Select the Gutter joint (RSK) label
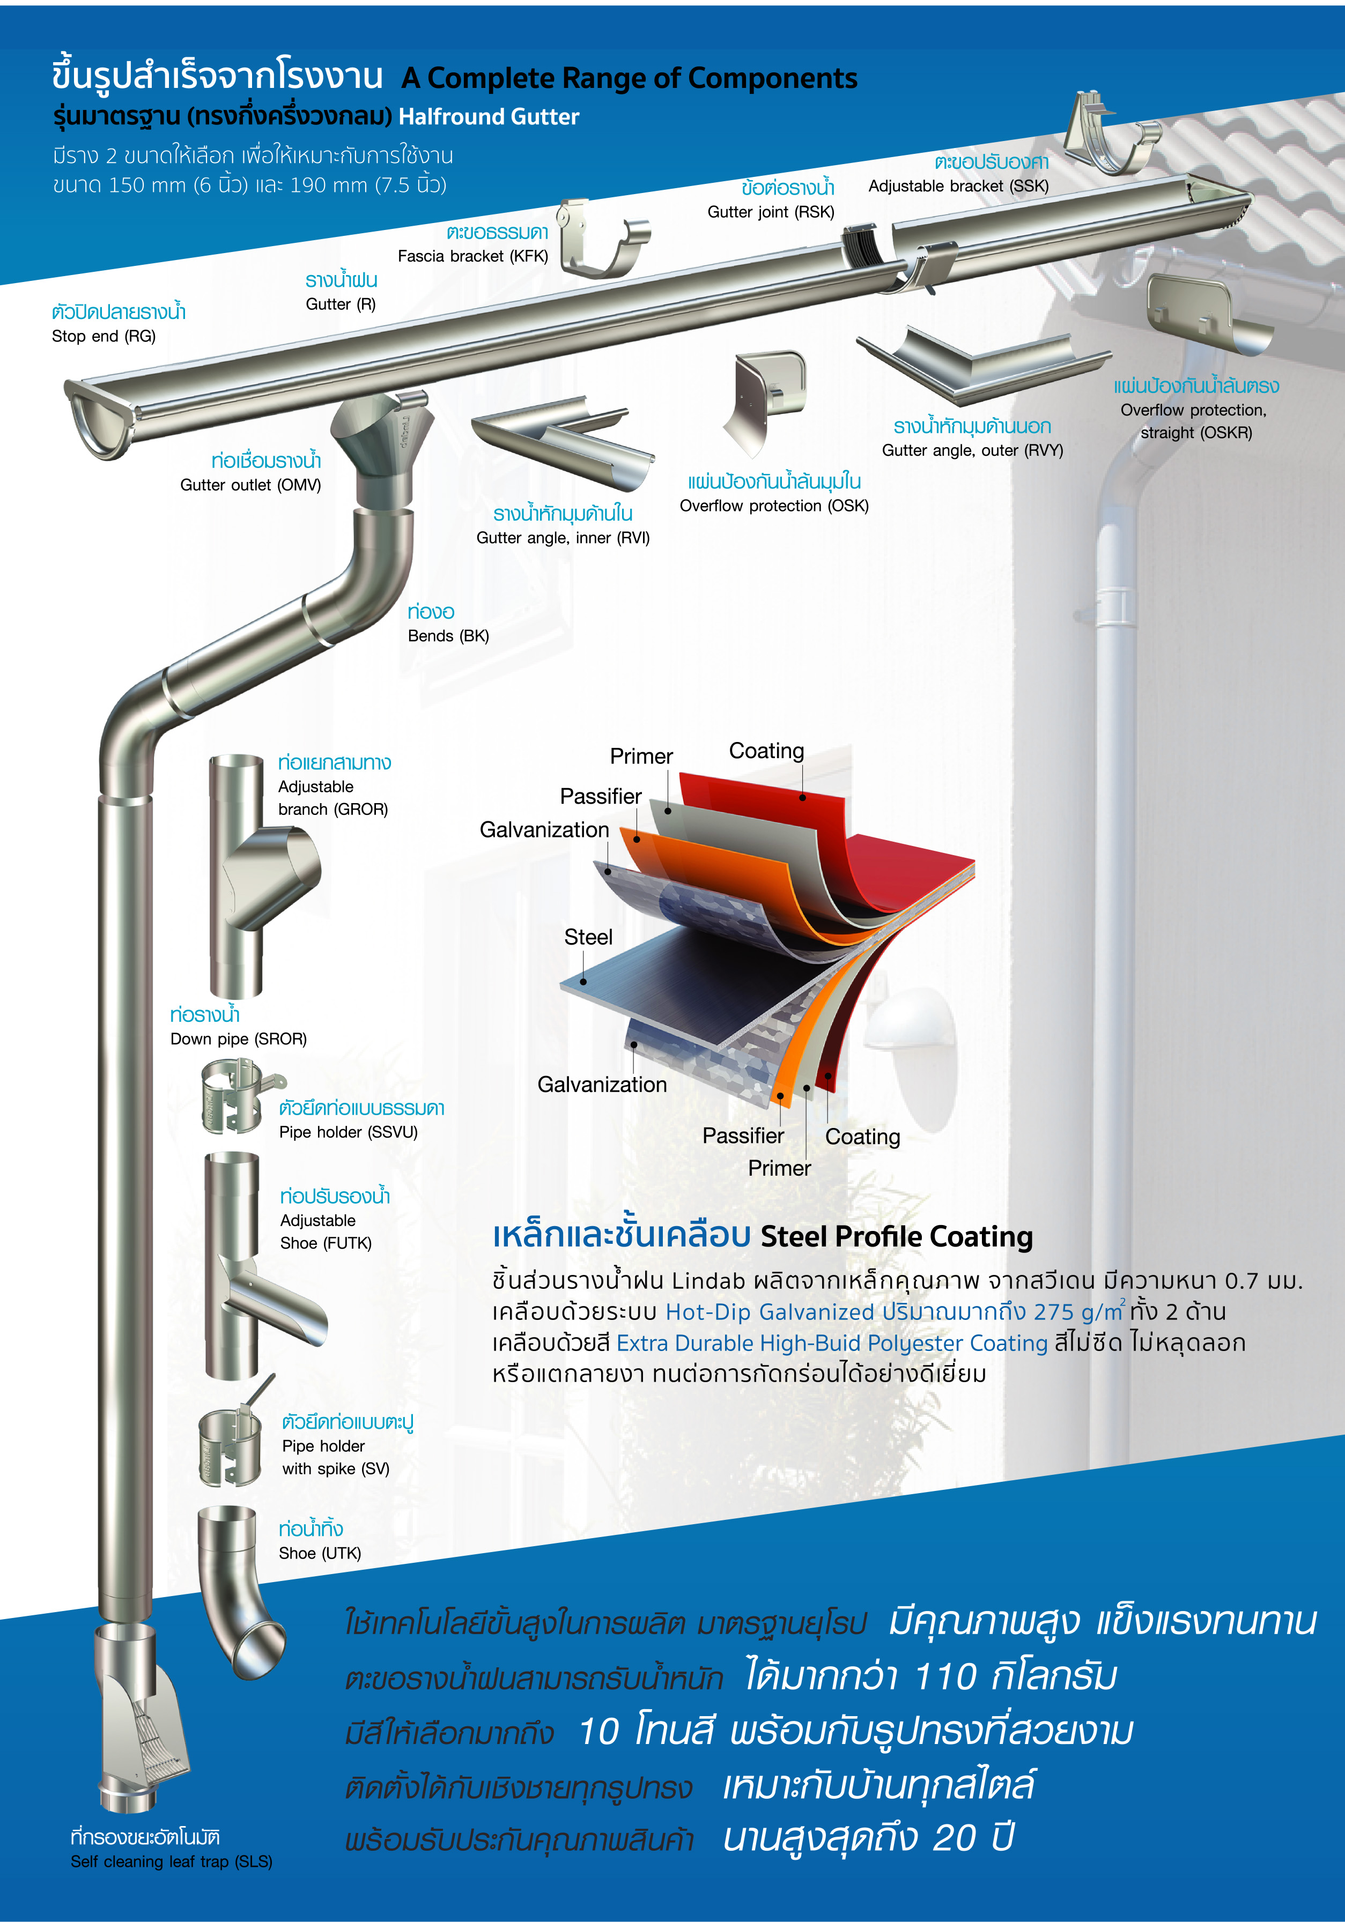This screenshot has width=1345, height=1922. [771, 212]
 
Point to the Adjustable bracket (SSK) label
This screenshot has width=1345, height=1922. [958, 186]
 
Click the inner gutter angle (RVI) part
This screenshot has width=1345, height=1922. [563, 444]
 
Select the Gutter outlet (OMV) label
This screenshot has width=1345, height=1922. [250, 485]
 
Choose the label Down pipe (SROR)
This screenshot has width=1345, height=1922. [238, 1039]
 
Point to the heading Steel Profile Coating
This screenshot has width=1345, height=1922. [896, 1236]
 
